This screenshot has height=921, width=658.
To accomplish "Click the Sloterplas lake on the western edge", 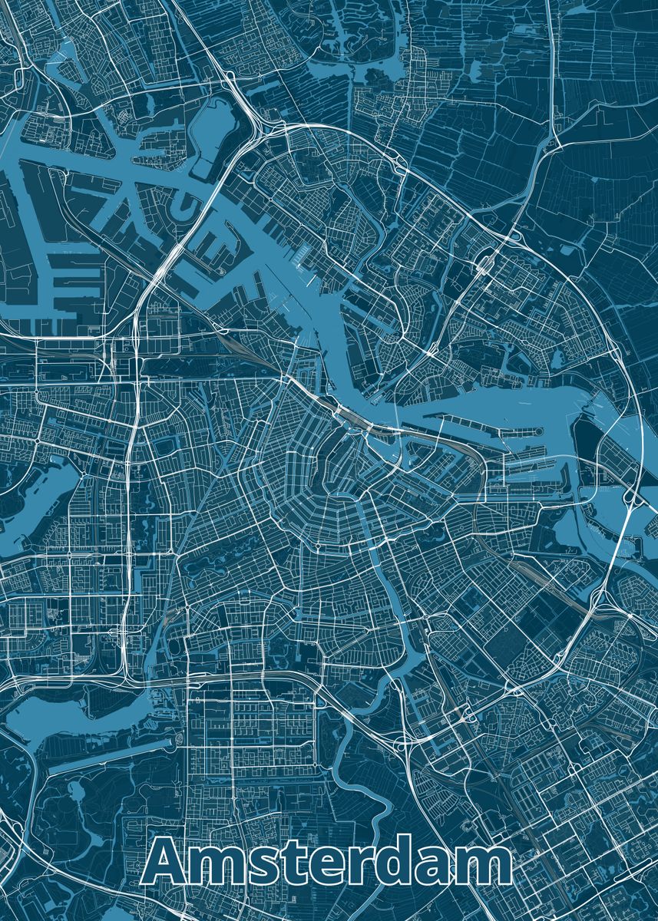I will coord(38,499).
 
